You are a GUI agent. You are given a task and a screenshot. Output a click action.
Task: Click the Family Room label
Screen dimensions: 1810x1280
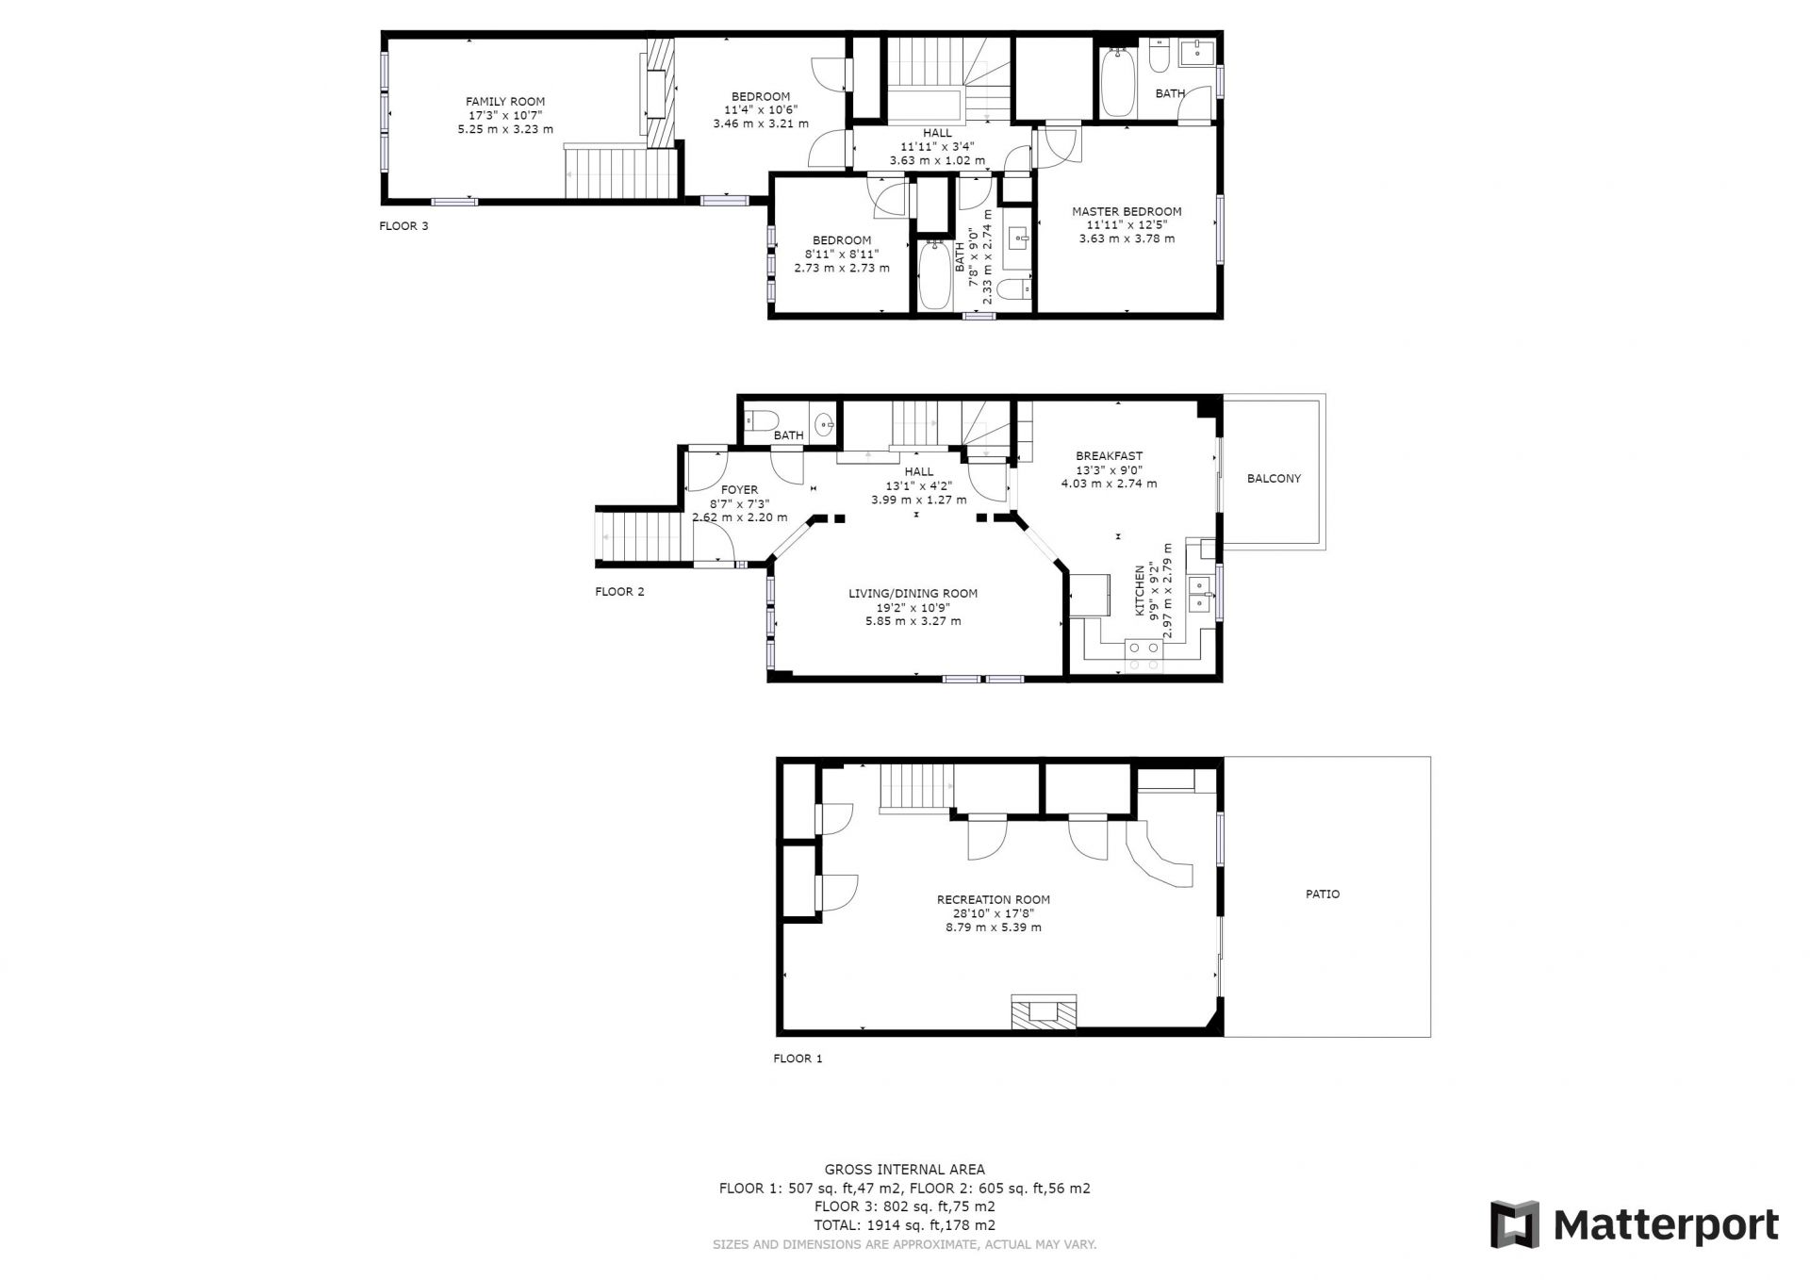pos(505,102)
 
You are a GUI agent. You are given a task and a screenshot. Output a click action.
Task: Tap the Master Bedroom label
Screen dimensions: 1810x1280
pos(1127,212)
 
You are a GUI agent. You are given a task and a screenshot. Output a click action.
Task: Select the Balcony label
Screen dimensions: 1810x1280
pos(1274,479)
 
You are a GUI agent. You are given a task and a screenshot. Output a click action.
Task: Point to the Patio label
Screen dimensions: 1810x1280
pos(1323,894)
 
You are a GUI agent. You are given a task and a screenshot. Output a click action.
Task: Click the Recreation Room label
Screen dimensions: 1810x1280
pos(994,900)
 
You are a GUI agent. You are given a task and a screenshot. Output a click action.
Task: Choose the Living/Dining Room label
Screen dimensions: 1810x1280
pos(913,594)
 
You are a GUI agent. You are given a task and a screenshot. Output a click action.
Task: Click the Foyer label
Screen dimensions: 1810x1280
pos(739,490)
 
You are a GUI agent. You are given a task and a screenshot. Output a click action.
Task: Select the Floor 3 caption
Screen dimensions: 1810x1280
pos(403,226)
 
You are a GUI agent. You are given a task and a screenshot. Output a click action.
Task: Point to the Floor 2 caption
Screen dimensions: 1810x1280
pos(619,592)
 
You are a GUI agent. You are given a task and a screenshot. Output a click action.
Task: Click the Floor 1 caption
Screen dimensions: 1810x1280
pos(798,1058)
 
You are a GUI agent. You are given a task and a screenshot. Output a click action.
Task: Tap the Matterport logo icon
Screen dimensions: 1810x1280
pos(1514,1224)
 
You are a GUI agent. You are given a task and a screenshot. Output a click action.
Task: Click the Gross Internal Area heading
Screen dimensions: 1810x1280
pos(905,1170)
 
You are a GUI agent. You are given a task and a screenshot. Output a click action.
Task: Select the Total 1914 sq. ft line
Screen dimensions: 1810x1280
pos(905,1226)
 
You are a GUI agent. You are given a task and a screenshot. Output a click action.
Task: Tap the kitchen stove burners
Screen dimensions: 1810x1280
pos(1144,656)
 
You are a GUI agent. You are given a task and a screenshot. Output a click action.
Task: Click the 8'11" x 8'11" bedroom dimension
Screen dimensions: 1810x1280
pos(841,254)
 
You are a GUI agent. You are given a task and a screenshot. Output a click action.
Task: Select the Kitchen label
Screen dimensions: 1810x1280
pos(1140,591)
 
